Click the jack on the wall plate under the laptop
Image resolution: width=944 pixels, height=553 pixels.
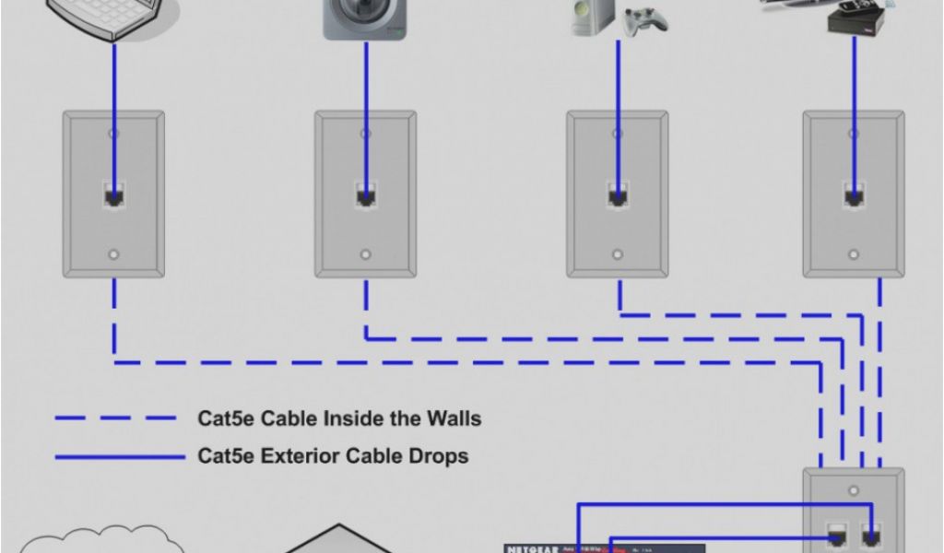pyautogui.click(x=113, y=196)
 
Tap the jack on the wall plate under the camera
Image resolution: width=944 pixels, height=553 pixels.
pyautogui.click(x=365, y=196)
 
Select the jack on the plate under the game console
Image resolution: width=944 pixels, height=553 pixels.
pyautogui.click(x=617, y=196)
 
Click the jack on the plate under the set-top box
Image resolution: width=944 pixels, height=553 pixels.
pyautogui.click(x=853, y=196)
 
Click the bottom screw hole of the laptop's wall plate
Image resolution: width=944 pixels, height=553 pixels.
pyautogui.click(x=113, y=254)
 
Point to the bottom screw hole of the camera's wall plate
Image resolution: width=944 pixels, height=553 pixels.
pyautogui.click(x=365, y=254)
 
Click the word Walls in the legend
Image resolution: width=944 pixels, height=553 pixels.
pyautogui.click(x=452, y=418)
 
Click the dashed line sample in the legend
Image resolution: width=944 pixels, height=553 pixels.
pyautogui.click(x=115, y=418)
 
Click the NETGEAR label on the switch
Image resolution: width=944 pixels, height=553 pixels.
pyautogui.click(x=534, y=547)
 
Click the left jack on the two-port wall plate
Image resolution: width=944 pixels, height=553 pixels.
pyautogui.click(x=838, y=535)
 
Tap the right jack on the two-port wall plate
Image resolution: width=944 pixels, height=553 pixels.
pyautogui.click(x=869, y=535)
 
